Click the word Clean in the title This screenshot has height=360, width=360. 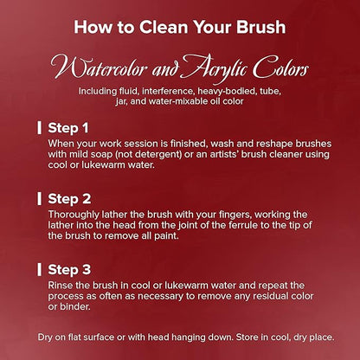click(164, 27)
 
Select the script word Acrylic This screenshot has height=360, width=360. click(215, 67)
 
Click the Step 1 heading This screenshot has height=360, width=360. click(68, 128)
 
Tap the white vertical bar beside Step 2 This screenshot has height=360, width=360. click(40, 199)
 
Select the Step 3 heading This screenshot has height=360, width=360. click(69, 270)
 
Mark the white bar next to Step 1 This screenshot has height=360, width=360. click(40, 128)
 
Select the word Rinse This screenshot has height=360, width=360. click(60, 286)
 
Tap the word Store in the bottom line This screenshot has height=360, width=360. click(247, 337)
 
